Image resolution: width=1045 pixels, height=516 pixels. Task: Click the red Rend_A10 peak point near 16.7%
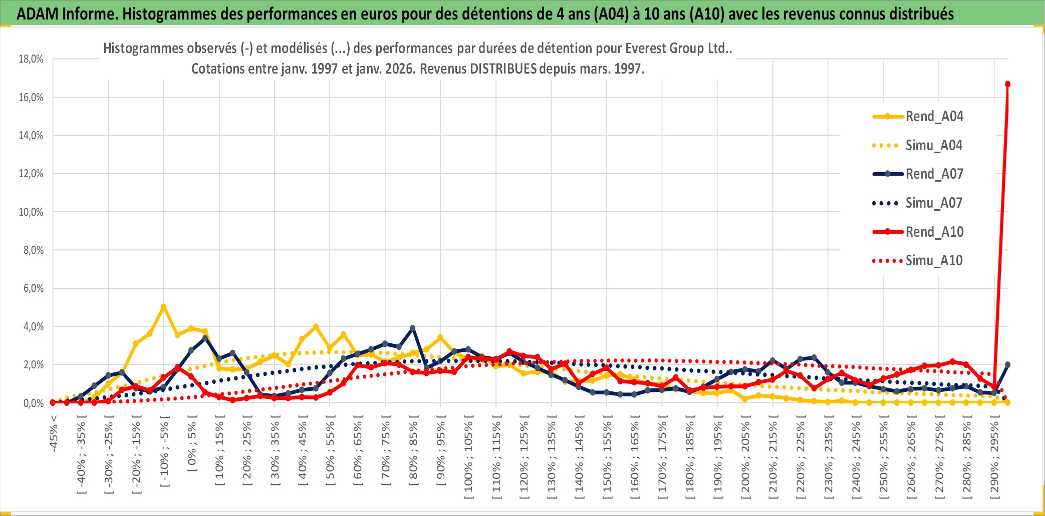[1007, 84]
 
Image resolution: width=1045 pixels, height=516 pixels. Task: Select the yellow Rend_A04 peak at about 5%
[163, 306]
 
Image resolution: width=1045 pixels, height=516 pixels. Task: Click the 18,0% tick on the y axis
[31, 59]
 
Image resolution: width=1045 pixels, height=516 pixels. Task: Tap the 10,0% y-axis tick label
[31, 212]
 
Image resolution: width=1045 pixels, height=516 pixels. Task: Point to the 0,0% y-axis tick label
[33, 403]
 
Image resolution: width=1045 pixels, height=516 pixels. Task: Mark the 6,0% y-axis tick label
[33, 288]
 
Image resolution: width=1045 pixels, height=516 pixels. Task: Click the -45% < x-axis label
[54, 433]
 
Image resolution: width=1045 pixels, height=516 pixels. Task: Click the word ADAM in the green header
[38, 14]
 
